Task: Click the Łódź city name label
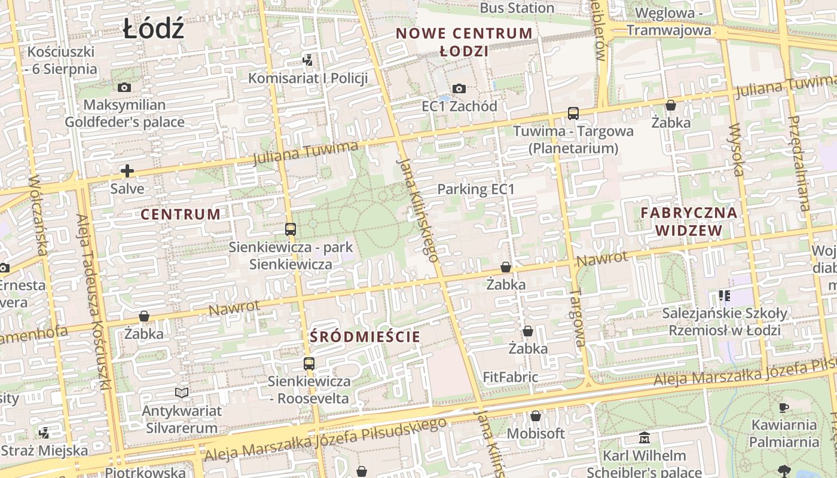[x=154, y=29]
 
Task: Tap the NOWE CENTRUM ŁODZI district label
[x=464, y=42]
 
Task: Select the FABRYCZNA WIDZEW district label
[x=689, y=221]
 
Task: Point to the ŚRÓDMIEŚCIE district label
[x=365, y=336]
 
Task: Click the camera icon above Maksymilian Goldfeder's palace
[x=124, y=88]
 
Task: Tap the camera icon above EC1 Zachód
[x=459, y=89]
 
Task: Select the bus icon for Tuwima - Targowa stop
[x=573, y=113]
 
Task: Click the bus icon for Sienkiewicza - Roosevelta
[x=309, y=363]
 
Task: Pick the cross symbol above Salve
[x=127, y=171]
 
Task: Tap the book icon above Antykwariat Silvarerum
[x=182, y=393]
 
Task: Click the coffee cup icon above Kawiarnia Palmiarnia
[x=784, y=408]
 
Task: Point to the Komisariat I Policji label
[x=308, y=78]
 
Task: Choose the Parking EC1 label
[x=476, y=189]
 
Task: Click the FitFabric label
[x=511, y=377]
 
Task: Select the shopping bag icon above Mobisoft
[x=536, y=416]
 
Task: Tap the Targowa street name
[x=577, y=317]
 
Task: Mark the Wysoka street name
[x=737, y=150]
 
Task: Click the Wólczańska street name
[x=38, y=215]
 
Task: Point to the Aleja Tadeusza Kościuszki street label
[x=94, y=302]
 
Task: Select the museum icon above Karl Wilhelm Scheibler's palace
[x=644, y=439]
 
